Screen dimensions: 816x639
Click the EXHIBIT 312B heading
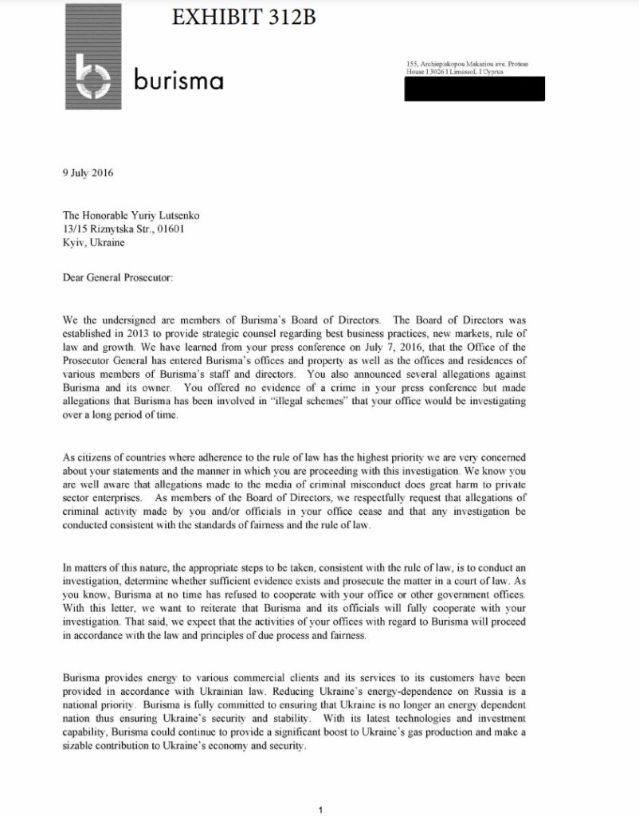[244, 16]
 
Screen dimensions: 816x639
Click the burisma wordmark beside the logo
[178, 80]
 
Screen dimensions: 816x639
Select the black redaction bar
[474, 89]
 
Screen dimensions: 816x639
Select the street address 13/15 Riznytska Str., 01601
[127, 229]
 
